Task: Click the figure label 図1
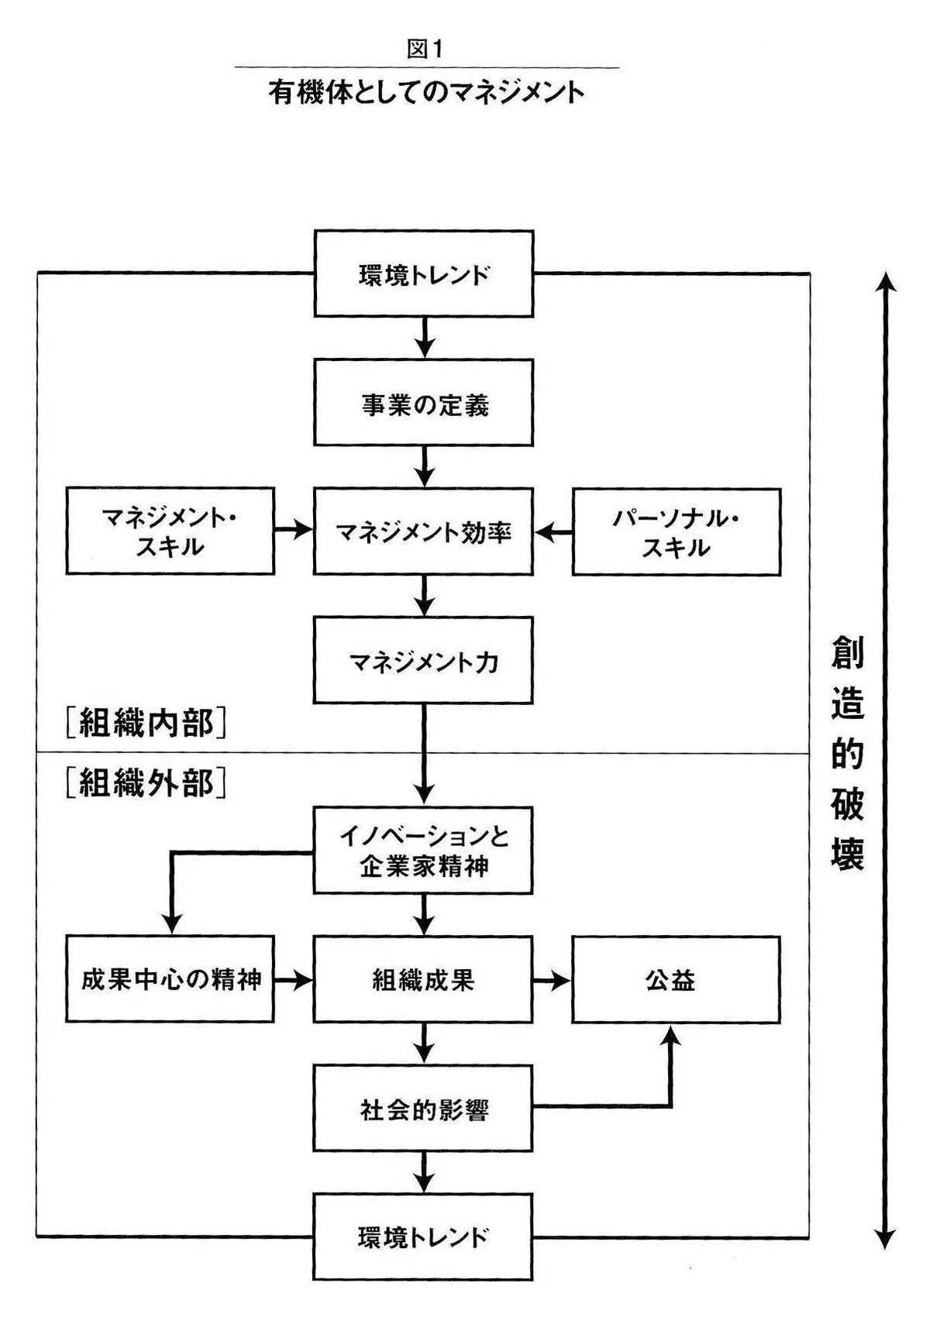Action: pos(425,49)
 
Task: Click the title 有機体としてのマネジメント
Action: pos(426,93)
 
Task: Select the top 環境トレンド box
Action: pos(424,273)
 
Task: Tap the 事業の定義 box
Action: pos(424,403)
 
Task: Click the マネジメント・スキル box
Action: pos(170,531)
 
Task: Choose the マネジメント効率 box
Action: pos(423,531)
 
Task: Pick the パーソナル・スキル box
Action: pos(677,532)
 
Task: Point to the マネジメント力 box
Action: pos(423,660)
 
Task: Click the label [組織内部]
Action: pos(146,722)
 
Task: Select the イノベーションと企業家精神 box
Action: pos(423,851)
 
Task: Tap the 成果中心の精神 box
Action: pos(170,979)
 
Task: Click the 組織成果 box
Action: pos(423,979)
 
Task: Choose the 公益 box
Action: pos(677,980)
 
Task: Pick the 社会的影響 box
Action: pos(423,1109)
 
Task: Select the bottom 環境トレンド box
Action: pos(423,1237)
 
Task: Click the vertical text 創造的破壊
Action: pos(848,753)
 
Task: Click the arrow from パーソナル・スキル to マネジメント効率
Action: pos(553,532)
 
